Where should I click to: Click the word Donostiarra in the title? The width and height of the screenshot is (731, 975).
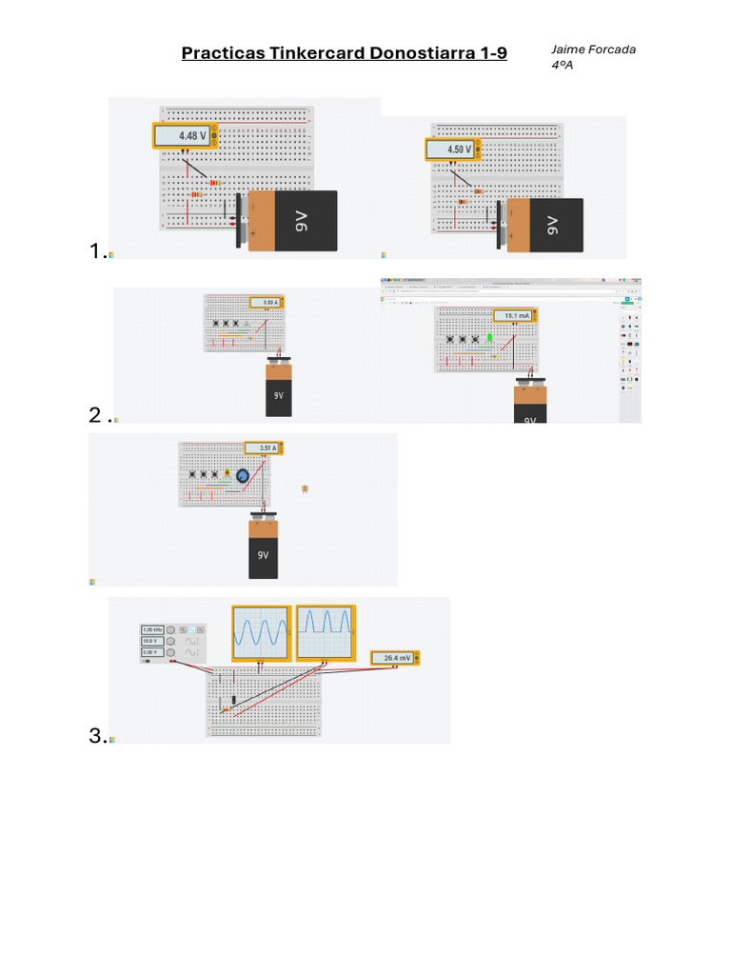point(427,53)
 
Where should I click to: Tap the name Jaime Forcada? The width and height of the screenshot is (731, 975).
point(593,50)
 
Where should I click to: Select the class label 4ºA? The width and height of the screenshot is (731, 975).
point(562,65)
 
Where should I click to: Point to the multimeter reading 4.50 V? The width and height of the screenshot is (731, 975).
point(450,149)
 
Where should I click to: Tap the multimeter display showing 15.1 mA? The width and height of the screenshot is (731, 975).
point(514,315)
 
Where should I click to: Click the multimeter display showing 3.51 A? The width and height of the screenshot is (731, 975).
point(262,448)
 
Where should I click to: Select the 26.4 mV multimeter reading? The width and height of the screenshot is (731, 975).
point(393,658)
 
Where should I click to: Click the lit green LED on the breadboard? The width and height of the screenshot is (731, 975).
point(489,337)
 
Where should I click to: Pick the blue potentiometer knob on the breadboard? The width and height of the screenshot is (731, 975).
point(243,475)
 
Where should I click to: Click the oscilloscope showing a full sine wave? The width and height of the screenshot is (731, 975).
point(261,632)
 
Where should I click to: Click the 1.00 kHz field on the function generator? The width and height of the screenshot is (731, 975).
point(152,630)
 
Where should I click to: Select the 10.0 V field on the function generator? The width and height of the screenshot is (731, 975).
point(152,642)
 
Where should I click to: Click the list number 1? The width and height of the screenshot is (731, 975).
point(95,250)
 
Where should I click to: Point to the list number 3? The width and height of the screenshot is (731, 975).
point(95,735)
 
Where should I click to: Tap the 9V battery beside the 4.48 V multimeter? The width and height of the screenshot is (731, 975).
point(291,221)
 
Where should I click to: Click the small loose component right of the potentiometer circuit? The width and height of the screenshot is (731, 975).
point(304,488)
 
